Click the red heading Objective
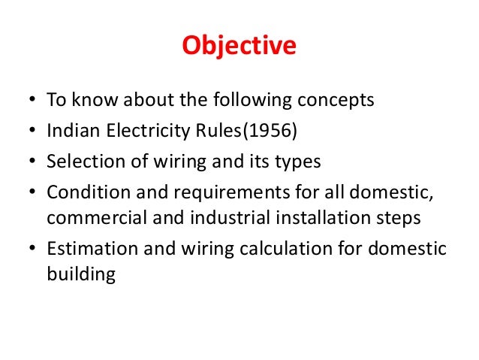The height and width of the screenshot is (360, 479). [x=239, y=47]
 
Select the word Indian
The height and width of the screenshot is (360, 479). [x=69, y=132]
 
